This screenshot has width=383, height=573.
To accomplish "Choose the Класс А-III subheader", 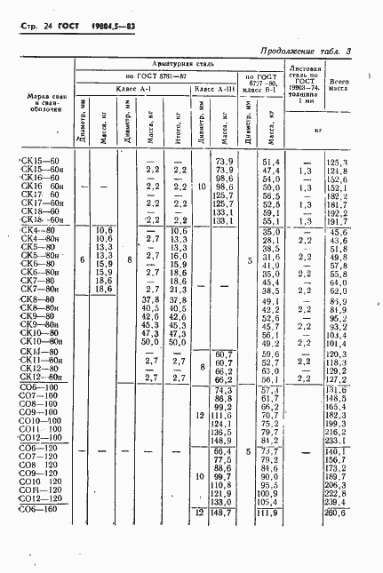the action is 214,90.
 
